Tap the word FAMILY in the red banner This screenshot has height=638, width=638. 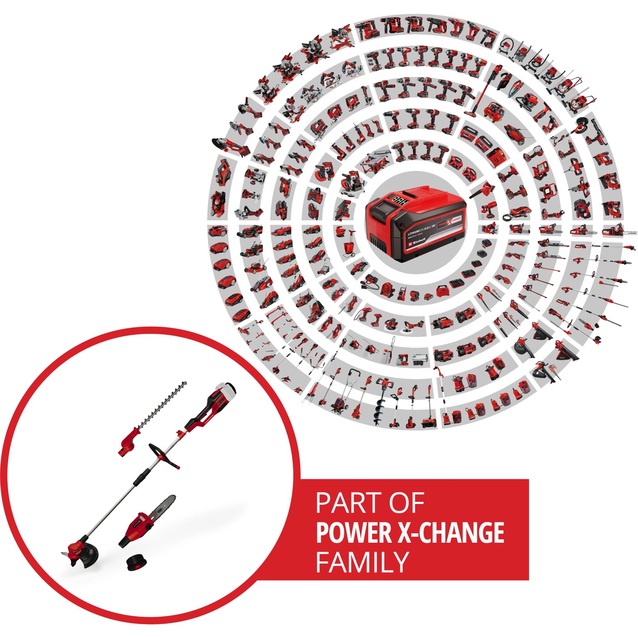tap(362, 562)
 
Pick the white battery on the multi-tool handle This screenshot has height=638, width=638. tap(225, 389)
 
